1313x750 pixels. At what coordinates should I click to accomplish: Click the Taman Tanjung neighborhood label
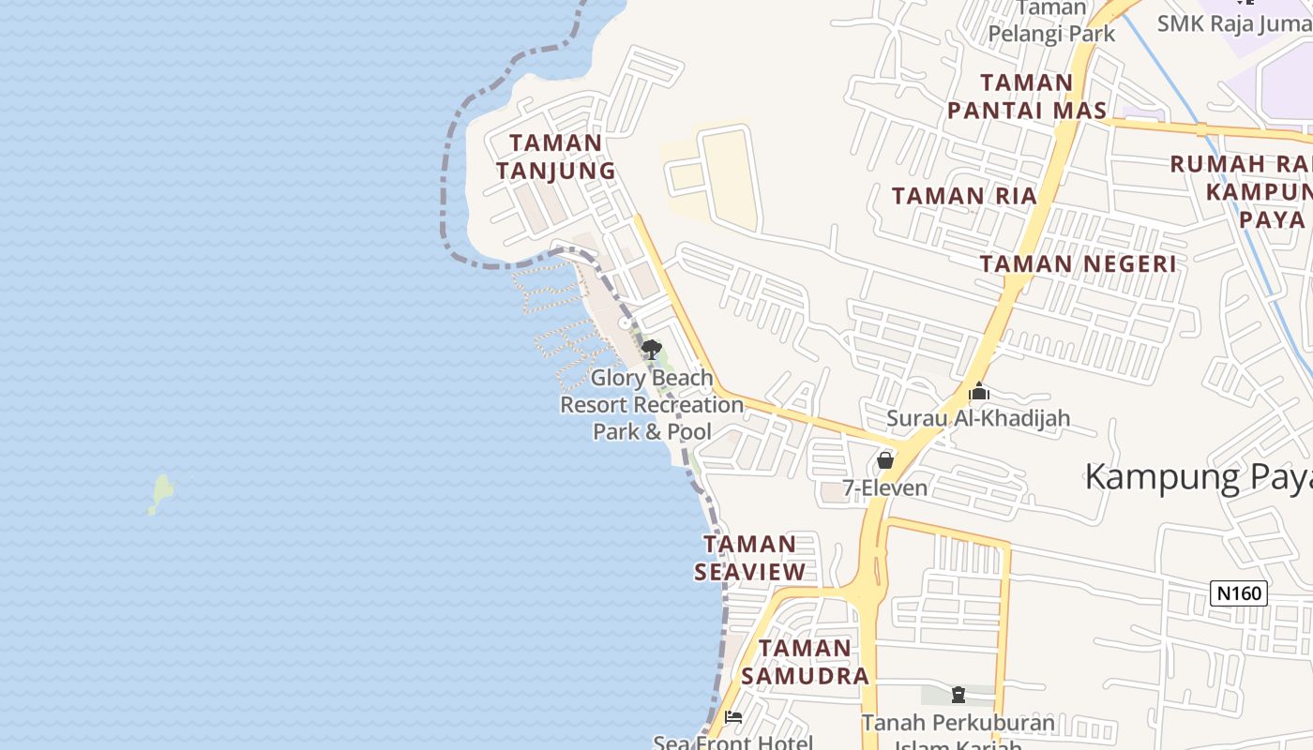point(556,157)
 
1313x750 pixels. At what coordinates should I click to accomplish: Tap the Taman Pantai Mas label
point(1026,97)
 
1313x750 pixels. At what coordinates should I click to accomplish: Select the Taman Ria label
point(964,196)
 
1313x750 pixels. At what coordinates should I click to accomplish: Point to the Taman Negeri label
point(1078,263)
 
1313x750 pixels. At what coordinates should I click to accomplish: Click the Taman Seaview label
point(749,558)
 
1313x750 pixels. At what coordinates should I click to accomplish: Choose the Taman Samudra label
point(805,662)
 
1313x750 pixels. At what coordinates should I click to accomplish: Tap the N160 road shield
point(1239,592)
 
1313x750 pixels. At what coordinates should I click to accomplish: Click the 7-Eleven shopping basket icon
point(884,460)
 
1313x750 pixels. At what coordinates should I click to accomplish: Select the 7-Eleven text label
point(884,487)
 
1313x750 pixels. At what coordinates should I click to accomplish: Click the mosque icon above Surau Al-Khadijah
point(979,392)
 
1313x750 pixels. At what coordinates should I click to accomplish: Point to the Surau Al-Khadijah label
point(978,418)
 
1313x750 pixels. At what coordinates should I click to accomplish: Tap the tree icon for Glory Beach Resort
point(651,351)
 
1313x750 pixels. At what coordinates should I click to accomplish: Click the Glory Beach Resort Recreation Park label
point(652,405)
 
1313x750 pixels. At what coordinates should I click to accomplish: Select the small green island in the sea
point(161,493)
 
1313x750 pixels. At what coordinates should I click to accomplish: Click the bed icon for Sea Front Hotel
point(733,717)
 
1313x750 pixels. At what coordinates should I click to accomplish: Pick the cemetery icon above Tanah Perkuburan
point(958,695)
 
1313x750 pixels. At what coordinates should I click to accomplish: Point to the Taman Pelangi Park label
point(1051,22)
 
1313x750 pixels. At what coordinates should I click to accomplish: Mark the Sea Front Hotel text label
point(733,742)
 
